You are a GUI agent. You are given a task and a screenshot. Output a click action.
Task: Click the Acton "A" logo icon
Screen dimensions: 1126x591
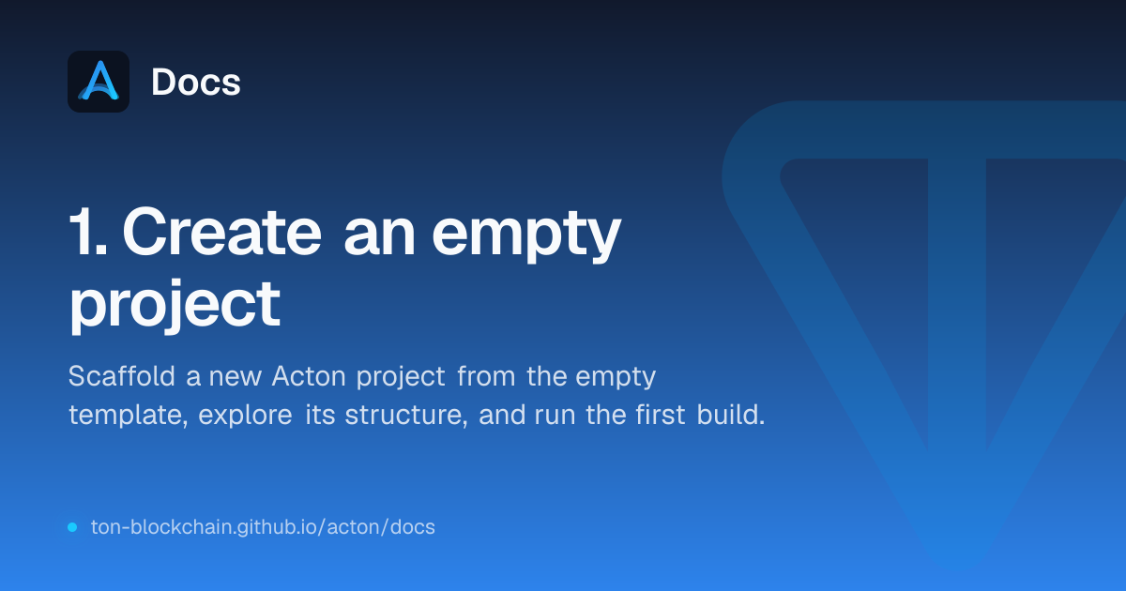click(x=99, y=82)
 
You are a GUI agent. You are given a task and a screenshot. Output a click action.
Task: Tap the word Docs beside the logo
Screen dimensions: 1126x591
click(x=196, y=82)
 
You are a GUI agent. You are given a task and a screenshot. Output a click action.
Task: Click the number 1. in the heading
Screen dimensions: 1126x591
click(x=88, y=233)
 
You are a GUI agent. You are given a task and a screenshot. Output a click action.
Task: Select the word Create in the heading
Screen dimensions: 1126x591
click(x=221, y=232)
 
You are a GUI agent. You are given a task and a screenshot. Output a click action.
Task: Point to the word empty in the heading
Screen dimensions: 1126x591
click(x=526, y=236)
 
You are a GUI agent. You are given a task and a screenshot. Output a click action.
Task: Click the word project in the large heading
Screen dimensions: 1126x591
click(x=175, y=306)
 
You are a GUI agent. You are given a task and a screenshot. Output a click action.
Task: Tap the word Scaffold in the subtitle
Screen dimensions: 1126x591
click(x=122, y=375)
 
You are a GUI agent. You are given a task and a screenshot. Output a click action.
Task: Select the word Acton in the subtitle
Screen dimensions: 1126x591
click(x=309, y=376)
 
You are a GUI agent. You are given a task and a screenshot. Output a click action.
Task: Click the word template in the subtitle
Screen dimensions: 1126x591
click(x=129, y=416)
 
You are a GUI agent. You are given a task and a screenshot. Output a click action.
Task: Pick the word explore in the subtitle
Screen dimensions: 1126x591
click(x=245, y=416)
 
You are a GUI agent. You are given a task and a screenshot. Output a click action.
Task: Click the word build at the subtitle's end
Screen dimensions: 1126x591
click(x=730, y=414)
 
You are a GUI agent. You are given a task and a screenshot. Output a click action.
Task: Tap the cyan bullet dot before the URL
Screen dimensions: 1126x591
click(x=72, y=527)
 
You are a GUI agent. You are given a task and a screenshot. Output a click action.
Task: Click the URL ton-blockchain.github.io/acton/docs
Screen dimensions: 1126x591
click(x=263, y=527)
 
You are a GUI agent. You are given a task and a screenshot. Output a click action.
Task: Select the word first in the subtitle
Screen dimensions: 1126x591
click(x=660, y=414)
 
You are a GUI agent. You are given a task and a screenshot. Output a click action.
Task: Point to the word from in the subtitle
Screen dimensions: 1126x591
click(x=486, y=375)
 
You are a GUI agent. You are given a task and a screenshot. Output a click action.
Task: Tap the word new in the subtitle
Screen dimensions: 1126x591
click(x=236, y=378)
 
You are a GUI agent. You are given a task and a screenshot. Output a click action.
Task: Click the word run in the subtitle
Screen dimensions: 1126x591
click(x=555, y=417)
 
